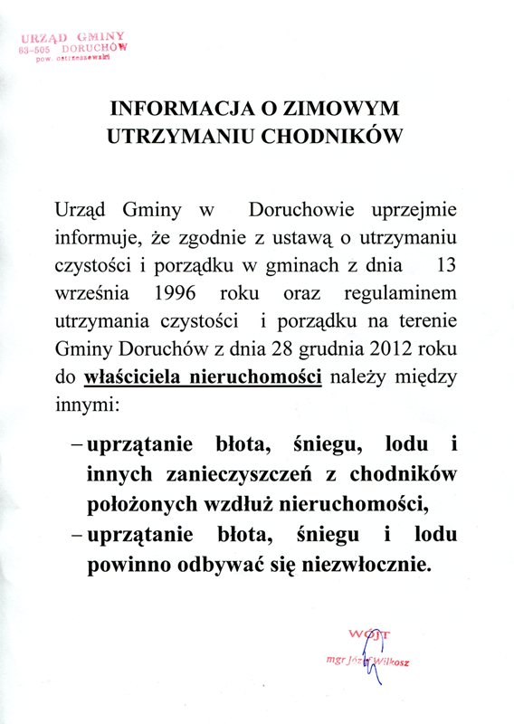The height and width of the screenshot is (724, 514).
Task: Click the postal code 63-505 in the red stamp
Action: coord(41,52)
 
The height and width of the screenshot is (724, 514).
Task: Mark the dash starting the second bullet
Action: coord(76,536)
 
